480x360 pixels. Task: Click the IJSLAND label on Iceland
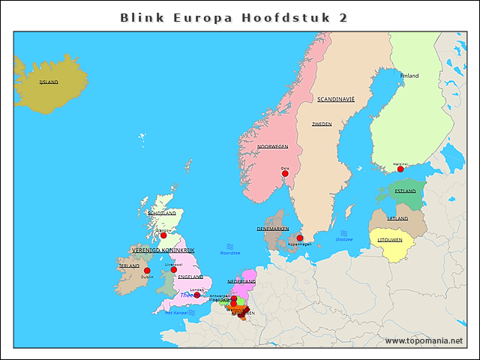click(x=49, y=82)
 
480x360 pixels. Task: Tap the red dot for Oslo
click(x=285, y=173)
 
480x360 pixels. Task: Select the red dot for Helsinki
click(x=400, y=169)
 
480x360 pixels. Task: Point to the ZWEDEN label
click(x=322, y=124)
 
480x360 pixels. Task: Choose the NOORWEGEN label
click(x=272, y=146)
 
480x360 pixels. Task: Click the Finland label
click(x=409, y=76)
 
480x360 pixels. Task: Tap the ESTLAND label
click(x=405, y=191)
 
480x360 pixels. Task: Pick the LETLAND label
click(x=397, y=218)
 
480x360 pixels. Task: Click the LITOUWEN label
click(x=390, y=240)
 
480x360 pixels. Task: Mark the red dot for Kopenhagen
click(x=300, y=238)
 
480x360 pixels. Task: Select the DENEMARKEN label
click(x=273, y=229)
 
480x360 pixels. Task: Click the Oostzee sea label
click(x=344, y=239)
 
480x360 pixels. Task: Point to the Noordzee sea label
click(x=230, y=253)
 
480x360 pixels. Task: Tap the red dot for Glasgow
click(x=163, y=235)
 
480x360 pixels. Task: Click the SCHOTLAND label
click(x=162, y=213)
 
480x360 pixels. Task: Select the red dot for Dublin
click(x=147, y=271)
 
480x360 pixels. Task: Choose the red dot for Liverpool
click(x=174, y=269)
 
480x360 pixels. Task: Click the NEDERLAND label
click(x=241, y=280)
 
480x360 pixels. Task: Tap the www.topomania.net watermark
click(x=424, y=341)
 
